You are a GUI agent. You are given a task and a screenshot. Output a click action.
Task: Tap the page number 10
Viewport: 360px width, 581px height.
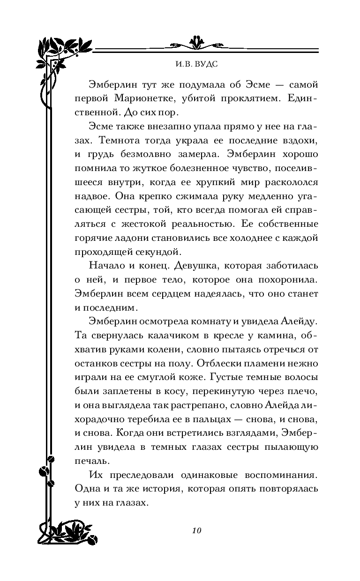196,530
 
